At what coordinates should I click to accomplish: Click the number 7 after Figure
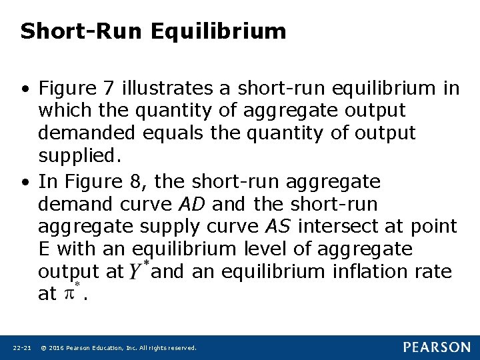tap(110, 88)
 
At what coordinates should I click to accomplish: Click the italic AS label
tap(277, 227)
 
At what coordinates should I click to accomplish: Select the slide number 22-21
tap(22, 348)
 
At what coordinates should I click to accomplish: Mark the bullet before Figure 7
tap(25, 89)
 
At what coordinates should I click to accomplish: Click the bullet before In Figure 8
tap(25, 182)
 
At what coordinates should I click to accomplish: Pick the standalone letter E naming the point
tap(45, 249)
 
